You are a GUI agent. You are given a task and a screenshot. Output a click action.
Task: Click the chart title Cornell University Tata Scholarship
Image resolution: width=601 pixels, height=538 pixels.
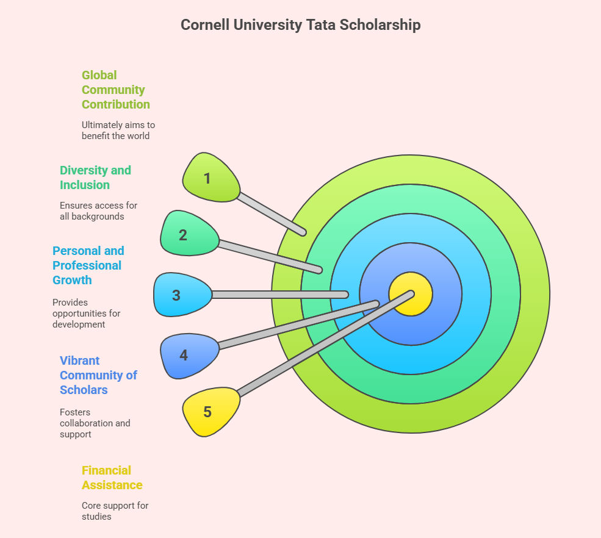pos(300,25)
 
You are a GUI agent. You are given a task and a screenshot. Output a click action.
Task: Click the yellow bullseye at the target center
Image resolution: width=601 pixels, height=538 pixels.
pos(411,294)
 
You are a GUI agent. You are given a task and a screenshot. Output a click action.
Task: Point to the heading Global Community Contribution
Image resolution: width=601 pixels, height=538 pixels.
pos(115,90)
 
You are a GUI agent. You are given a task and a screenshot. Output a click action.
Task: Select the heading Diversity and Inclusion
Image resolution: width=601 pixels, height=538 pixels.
pos(95,178)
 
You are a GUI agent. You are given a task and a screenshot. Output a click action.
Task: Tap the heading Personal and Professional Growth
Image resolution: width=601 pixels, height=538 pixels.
pos(88,265)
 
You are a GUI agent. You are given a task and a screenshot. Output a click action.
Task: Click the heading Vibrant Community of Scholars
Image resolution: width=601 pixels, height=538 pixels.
pos(98,375)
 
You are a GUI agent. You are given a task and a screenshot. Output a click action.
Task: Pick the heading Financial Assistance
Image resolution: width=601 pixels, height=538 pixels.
pos(112,478)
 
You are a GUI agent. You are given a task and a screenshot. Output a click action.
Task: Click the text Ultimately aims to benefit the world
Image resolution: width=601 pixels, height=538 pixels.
pos(118,130)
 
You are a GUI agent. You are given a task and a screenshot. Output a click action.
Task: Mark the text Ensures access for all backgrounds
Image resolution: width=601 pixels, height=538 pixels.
pos(98,211)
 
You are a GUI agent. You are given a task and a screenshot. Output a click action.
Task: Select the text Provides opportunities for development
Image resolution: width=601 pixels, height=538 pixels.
pos(86,313)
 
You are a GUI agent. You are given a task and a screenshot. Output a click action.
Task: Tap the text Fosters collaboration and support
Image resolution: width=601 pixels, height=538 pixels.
pos(95,423)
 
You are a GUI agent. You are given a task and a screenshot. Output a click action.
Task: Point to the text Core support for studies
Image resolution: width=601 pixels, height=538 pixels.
pos(115,511)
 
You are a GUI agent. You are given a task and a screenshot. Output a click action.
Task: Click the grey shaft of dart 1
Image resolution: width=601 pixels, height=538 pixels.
pos(271,213)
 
